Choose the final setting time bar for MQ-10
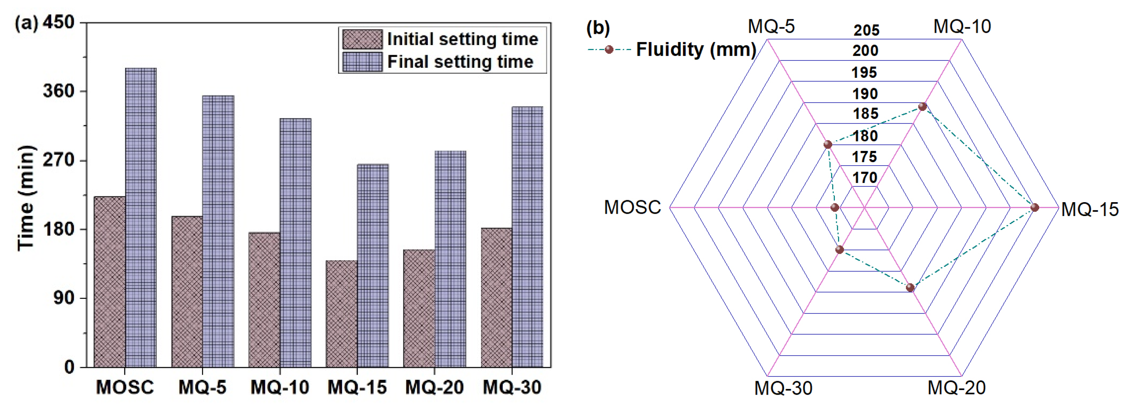(x=295, y=242)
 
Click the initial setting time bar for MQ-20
(x=419, y=308)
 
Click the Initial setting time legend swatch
(x=362, y=39)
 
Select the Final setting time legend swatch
(x=362, y=62)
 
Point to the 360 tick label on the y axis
(x=59, y=91)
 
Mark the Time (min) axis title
(x=26, y=198)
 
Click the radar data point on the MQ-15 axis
(x=1034, y=208)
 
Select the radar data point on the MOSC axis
(x=835, y=208)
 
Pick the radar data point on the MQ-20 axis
(x=910, y=287)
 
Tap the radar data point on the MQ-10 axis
(x=922, y=107)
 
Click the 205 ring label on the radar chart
(x=866, y=30)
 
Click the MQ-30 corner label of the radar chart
(x=783, y=388)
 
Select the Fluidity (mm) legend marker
(x=609, y=49)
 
